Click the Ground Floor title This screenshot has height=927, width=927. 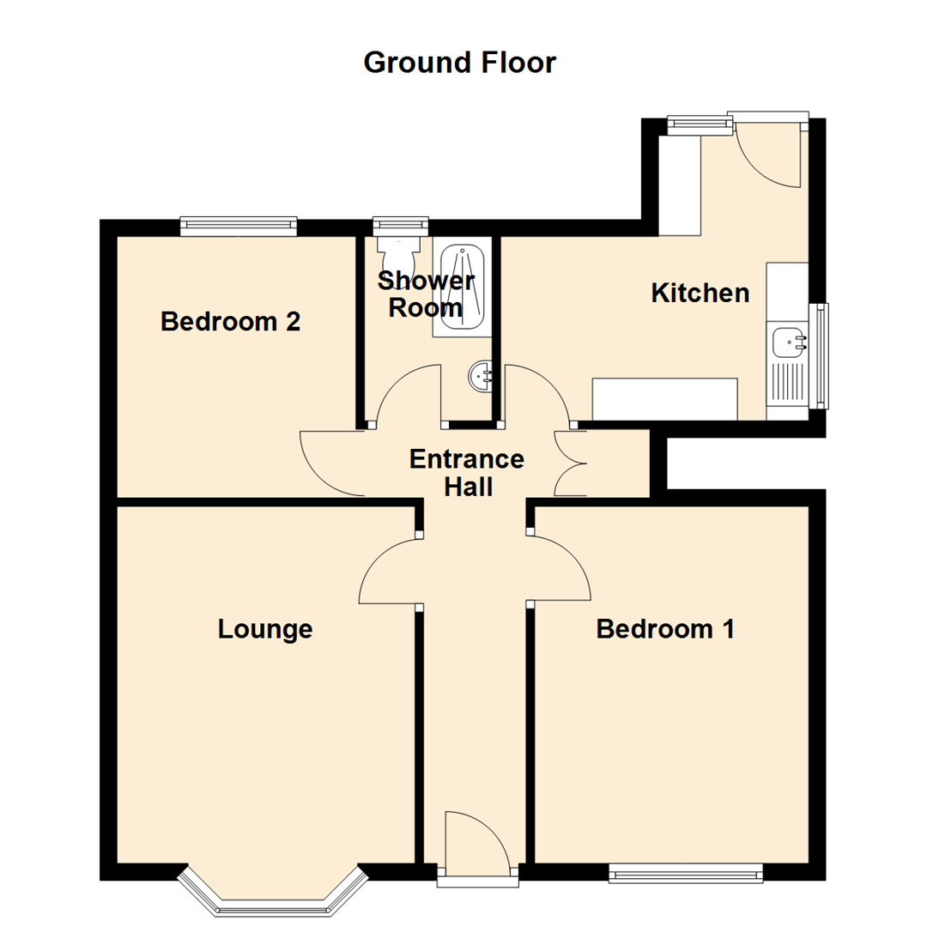click(x=459, y=62)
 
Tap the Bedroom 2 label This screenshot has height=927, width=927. click(x=231, y=322)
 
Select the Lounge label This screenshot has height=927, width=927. click(x=265, y=630)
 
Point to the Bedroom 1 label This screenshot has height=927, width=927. click(x=665, y=628)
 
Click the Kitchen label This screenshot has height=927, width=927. click(x=700, y=293)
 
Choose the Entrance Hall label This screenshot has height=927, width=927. click(x=467, y=473)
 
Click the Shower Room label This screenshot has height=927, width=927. click(x=426, y=294)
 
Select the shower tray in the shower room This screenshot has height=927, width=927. click(x=462, y=287)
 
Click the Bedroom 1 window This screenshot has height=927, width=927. click(x=686, y=873)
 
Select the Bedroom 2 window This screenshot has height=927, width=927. click(x=239, y=227)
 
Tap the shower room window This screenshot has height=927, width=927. click(x=401, y=226)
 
